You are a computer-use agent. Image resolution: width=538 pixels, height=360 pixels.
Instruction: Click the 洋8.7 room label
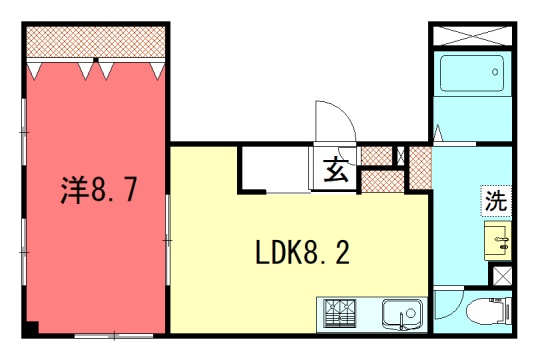pos(99,190)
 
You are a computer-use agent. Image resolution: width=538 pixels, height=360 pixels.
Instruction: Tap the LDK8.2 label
pos(303,253)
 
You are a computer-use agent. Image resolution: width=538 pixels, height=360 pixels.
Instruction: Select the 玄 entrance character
pos(336,170)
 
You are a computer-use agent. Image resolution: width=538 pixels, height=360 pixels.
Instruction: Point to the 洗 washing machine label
pos(496,201)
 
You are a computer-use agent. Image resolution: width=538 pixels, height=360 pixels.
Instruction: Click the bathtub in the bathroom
pos(472,73)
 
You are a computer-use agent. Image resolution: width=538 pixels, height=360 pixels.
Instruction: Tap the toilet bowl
pos(487,311)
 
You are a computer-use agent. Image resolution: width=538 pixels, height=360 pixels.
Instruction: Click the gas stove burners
pos(340,313)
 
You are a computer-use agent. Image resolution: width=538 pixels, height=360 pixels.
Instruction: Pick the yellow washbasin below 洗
pos(498,241)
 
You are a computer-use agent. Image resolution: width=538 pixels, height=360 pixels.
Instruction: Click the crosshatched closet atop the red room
pos(96,42)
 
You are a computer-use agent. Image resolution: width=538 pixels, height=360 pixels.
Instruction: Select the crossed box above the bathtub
pos(472,35)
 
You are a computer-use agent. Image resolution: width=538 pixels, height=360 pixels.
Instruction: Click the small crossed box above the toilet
pos(502,276)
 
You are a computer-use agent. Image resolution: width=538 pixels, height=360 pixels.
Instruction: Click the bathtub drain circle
pos(495,72)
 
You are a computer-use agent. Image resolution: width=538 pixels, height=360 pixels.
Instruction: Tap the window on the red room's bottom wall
pos(114,336)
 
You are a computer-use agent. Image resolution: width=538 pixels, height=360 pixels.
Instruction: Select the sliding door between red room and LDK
pos(168,240)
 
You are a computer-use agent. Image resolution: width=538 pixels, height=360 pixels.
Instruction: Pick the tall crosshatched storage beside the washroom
pos(421,167)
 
